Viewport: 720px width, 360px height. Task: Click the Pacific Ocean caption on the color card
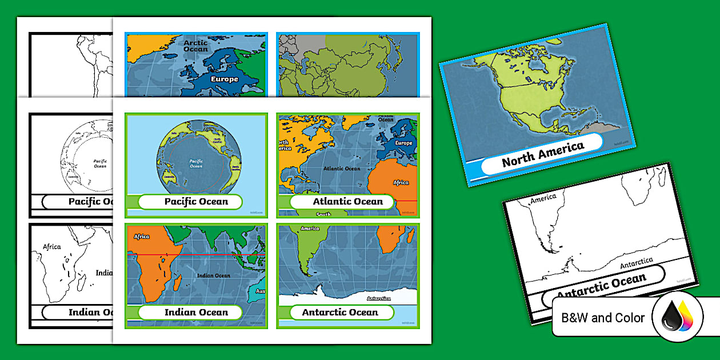coord(196,201)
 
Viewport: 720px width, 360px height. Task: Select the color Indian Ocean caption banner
coord(196,312)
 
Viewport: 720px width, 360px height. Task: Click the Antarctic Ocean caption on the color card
coord(340,312)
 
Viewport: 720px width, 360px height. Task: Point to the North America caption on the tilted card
coord(543,153)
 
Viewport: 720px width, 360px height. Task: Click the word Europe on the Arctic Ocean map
coord(225,79)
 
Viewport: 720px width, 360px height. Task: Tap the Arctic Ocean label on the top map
coord(196,45)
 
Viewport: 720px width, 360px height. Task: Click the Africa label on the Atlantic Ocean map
coord(401,182)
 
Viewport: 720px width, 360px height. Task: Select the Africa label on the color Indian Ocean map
coord(142,236)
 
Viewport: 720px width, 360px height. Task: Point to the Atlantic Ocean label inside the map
coord(342,169)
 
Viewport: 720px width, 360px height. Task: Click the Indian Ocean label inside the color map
coord(214,275)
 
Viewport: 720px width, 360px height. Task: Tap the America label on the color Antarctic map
coord(310,229)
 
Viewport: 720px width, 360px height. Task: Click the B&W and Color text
coord(603,318)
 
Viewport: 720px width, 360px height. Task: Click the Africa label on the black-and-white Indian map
coord(52,247)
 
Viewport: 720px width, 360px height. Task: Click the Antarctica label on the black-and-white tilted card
coord(637,264)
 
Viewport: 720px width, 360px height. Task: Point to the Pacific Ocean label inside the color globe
coord(196,163)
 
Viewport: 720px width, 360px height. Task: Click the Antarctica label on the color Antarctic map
coord(378,298)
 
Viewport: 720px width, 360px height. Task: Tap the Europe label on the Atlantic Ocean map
coord(403,143)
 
